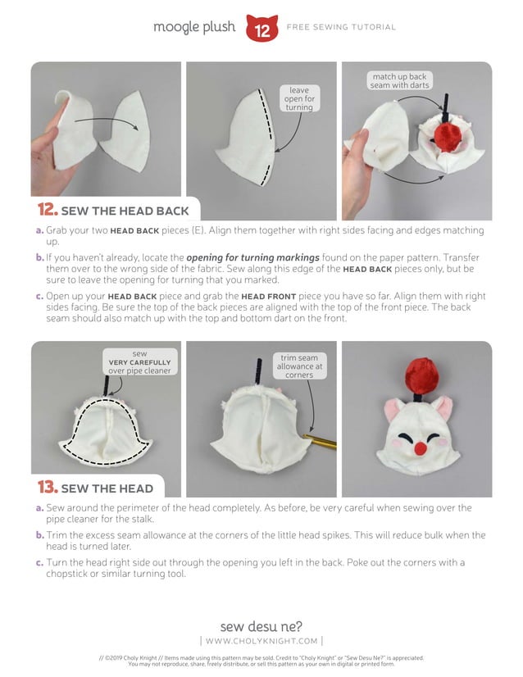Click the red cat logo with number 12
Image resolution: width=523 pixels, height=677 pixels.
pos(261,29)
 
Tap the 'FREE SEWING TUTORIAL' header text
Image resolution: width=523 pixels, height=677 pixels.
pos(341,28)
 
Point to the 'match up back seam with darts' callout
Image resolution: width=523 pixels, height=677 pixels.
pos(400,80)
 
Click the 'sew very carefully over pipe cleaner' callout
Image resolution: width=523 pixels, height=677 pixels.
pos(139,362)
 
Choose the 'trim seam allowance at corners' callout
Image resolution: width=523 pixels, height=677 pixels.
pos(300,366)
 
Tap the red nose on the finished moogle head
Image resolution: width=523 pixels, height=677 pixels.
pos(419,448)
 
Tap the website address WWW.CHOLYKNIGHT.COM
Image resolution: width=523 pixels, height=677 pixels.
pos(261,641)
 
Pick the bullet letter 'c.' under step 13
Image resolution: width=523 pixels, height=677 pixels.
pos(40,562)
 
